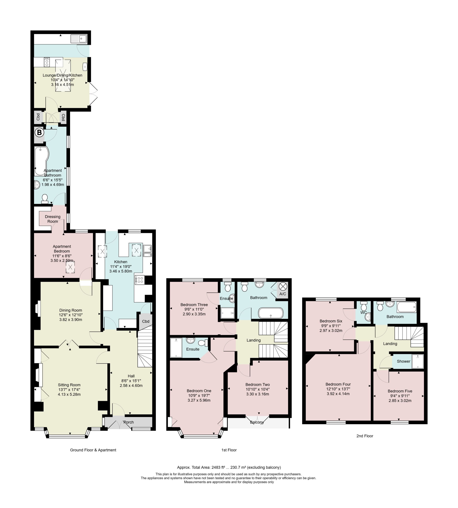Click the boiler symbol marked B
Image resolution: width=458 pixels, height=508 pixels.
(x=39, y=132)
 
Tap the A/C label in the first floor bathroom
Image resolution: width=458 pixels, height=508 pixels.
(x=283, y=294)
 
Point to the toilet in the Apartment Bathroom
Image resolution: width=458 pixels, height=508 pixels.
(x=45, y=199)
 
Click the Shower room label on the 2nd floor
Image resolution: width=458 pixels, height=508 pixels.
(x=403, y=361)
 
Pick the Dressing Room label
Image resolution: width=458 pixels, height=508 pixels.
(x=53, y=219)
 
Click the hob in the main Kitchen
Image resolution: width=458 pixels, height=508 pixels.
(x=140, y=280)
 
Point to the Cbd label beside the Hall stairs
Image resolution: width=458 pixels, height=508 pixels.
(x=146, y=321)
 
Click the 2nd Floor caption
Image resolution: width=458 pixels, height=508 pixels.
(x=365, y=436)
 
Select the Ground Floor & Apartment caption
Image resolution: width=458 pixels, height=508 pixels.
(x=93, y=450)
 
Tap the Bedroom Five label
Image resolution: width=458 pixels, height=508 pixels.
(x=400, y=391)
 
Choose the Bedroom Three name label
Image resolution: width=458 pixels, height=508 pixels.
(x=194, y=305)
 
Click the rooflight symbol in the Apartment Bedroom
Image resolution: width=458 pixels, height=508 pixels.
(x=70, y=267)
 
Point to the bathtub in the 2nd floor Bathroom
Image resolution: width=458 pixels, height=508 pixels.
(x=407, y=307)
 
